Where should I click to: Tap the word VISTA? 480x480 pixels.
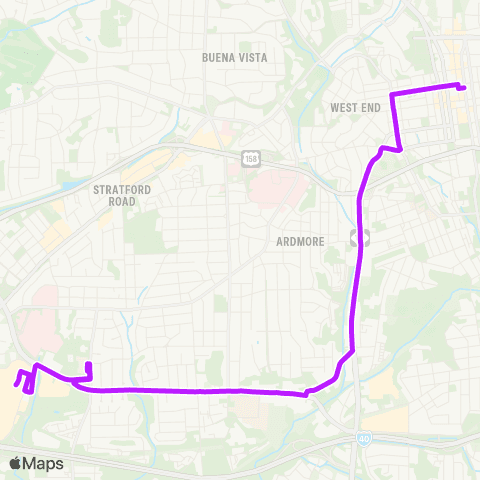tap(254, 58)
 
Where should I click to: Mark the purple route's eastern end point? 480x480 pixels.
tap(465, 88)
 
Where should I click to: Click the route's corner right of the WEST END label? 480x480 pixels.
tap(391, 95)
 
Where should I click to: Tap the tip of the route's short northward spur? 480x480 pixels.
tap(89, 364)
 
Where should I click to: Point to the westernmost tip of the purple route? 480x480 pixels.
tap(16, 381)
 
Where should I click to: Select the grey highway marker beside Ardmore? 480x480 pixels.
tap(361, 237)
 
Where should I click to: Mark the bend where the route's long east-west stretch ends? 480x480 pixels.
tap(305, 394)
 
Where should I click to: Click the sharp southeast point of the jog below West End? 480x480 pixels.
tap(401, 151)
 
